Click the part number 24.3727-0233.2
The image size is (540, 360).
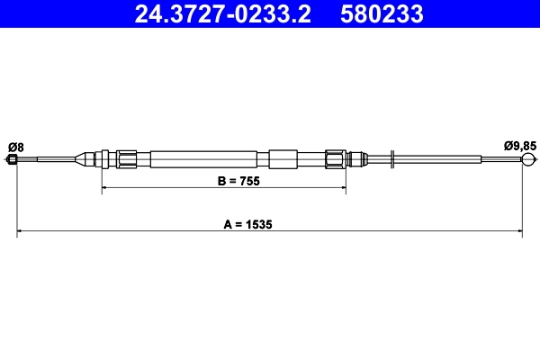224,14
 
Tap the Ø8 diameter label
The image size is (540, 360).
15,146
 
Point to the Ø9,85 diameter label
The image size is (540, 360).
519,146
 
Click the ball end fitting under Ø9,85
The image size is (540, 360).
527,160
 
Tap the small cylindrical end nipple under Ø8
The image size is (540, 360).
13,160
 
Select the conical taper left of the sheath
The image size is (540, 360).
85,160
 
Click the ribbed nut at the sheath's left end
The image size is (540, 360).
127,160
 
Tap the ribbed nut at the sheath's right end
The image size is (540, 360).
336,160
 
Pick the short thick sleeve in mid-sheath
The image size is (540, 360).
282,160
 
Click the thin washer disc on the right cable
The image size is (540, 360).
393,160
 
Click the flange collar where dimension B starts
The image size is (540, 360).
106,160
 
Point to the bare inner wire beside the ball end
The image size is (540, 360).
500,160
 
